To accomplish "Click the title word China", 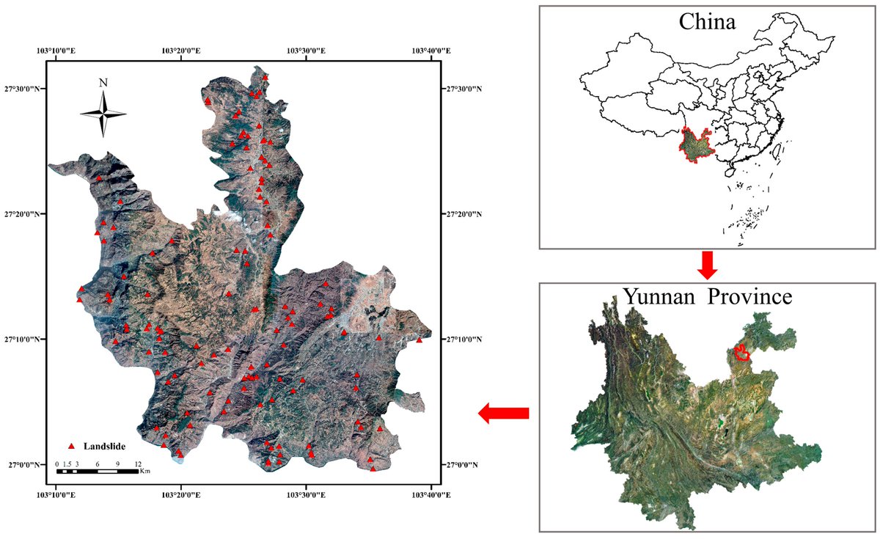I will [x=708, y=22].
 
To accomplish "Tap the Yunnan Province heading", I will [x=707, y=297].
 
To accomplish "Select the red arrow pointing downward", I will [x=707, y=265].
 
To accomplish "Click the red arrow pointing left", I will [x=503, y=414].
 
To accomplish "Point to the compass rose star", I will [x=103, y=114].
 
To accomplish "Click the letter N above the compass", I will [x=103, y=82].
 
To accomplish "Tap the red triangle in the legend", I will [x=72, y=446].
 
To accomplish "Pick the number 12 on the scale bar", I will [x=137, y=465].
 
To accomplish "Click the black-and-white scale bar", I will [x=97, y=471].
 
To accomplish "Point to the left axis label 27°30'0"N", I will [x=26, y=89].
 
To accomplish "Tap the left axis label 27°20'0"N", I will [x=26, y=214].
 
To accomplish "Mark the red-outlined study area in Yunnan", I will [x=742, y=353].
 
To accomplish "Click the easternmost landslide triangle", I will [x=419, y=340].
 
